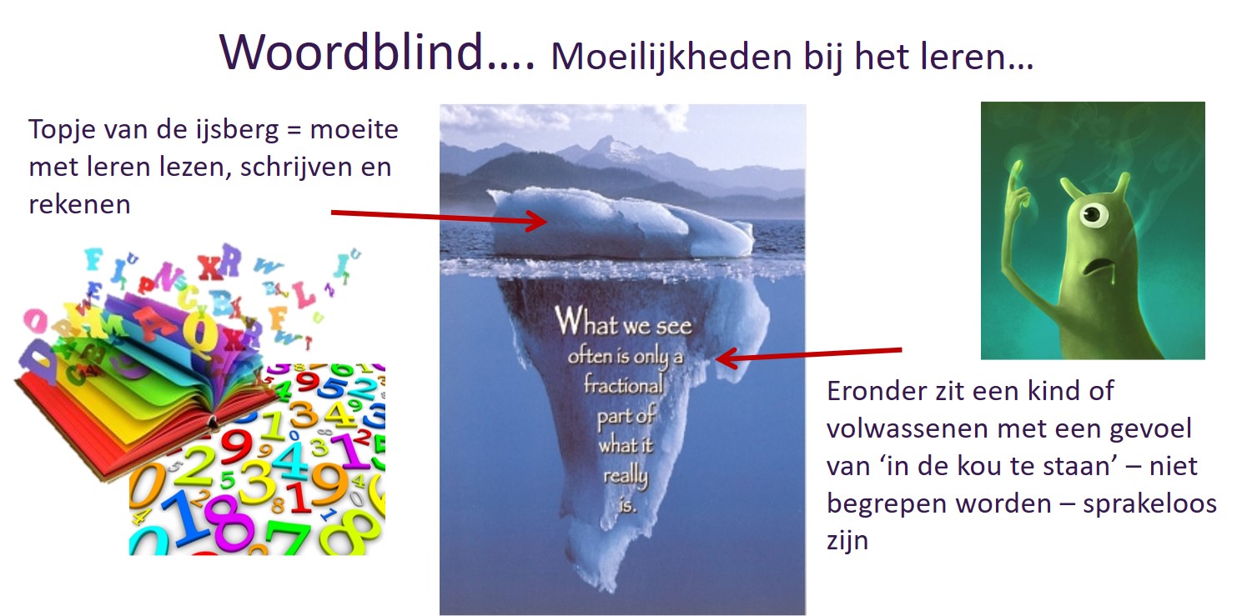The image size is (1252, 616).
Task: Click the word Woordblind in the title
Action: tap(350, 52)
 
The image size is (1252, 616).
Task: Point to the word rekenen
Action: tap(79, 204)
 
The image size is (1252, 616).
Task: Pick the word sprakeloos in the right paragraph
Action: tap(1149, 504)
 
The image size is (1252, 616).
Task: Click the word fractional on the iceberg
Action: tap(623, 385)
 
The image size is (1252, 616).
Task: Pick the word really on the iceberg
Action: tap(626, 477)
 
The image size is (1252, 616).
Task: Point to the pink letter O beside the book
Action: tap(36, 322)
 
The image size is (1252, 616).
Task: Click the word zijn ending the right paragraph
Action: tap(847, 542)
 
